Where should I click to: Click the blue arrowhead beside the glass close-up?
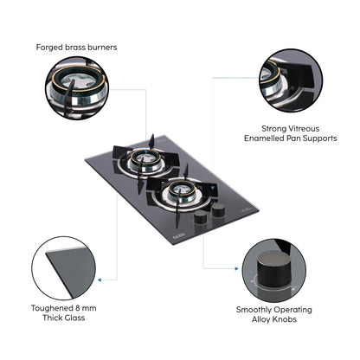click(x=101, y=279)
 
